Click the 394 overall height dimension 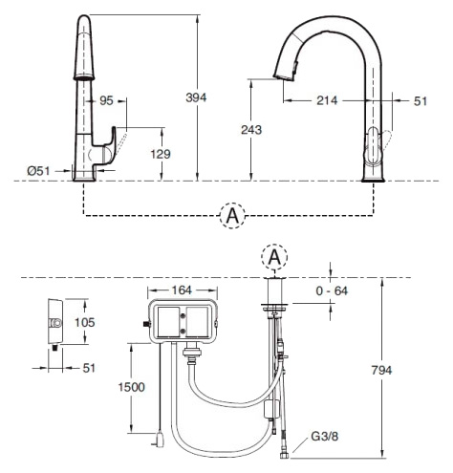coord(196,97)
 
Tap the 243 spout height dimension coord(251,130)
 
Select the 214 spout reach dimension coord(327,100)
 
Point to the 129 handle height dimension coord(161,154)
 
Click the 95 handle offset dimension coord(106,100)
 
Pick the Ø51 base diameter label coord(38,171)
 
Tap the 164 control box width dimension coord(182,290)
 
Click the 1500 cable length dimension coord(132,387)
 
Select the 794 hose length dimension coord(381,370)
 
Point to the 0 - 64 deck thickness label coord(332,290)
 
